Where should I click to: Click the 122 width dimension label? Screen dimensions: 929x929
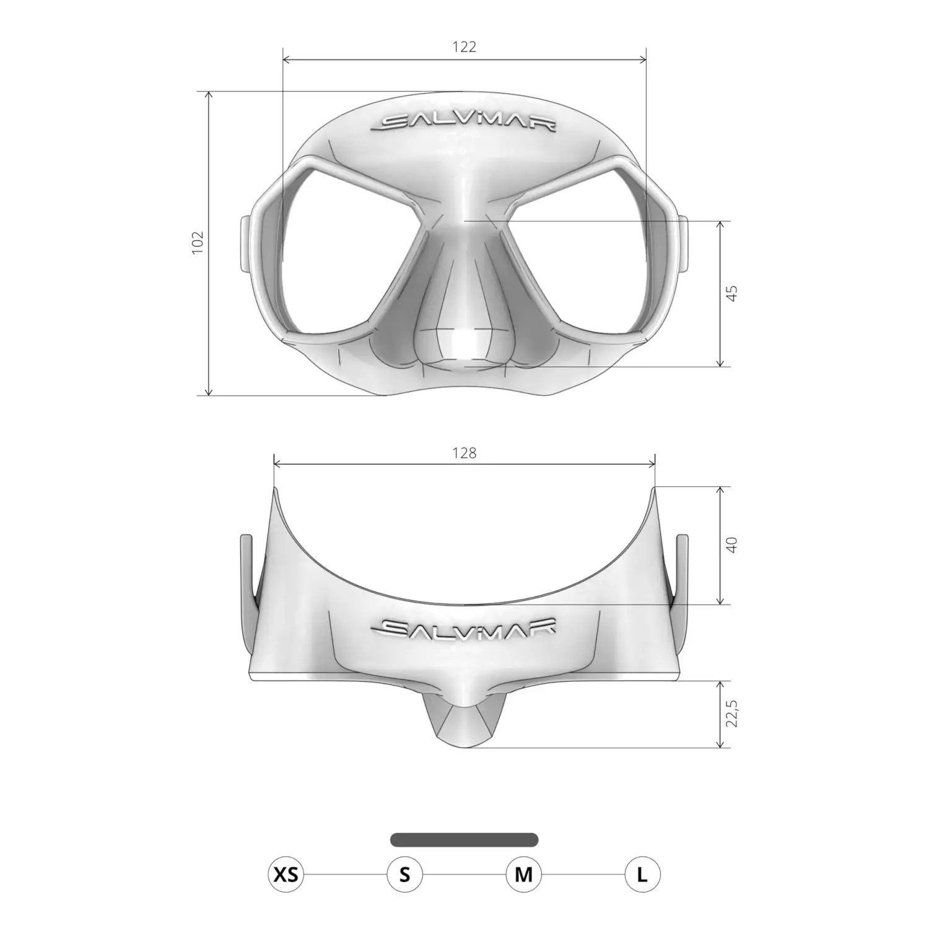(x=464, y=47)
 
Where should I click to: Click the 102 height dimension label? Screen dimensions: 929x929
(x=198, y=243)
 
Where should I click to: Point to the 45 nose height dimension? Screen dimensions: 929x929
(x=732, y=293)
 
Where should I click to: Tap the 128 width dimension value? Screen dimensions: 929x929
(x=464, y=453)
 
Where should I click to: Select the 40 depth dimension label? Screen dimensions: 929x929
(x=732, y=545)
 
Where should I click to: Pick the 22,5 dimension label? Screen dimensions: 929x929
(x=732, y=713)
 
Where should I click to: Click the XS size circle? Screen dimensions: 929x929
(x=286, y=874)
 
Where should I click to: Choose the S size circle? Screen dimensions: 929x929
(x=404, y=874)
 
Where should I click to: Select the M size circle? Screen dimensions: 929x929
(x=523, y=874)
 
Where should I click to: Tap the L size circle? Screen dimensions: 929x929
(x=642, y=874)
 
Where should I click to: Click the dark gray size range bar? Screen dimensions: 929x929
(x=464, y=840)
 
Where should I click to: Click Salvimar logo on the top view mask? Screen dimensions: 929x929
(x=464, y=628)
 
